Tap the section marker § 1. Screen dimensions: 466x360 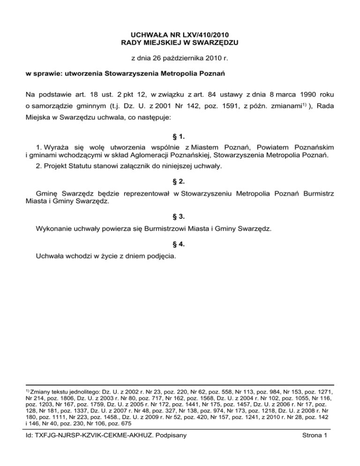pos(180,137)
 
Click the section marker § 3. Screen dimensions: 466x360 pos(180,217)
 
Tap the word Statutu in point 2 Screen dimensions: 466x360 pos(85,167)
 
